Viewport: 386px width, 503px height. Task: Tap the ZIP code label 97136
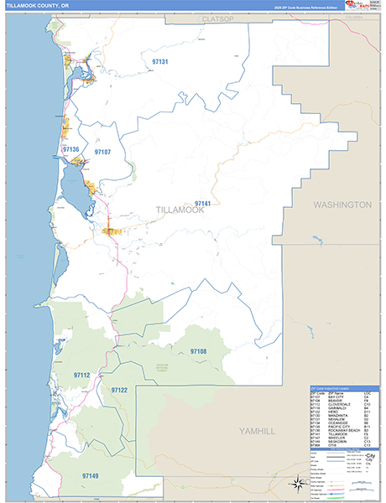70,150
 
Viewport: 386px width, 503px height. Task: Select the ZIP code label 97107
102,153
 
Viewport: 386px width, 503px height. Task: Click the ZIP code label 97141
202,204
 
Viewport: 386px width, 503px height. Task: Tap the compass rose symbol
296,484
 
